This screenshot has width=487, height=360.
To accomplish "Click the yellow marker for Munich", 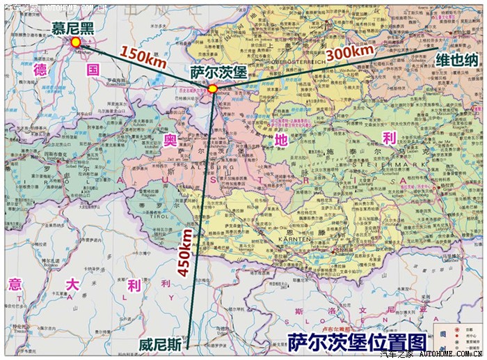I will (x=75, y=42).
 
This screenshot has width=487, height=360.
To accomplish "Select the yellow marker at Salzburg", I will (x=212, y=88).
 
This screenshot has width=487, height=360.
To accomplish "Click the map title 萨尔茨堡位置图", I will (x=356, y=342).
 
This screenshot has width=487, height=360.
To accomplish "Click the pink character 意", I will (x=15, y=283).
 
